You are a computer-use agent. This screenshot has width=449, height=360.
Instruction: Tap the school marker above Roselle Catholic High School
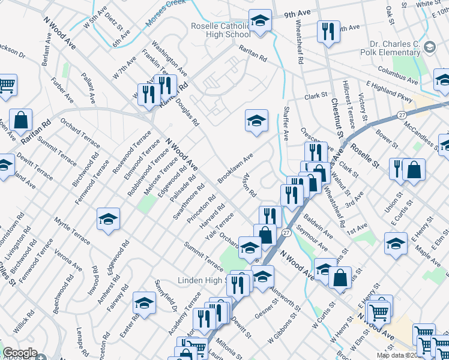[261, 22]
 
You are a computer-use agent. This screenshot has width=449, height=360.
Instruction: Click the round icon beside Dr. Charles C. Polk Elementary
[429, 46]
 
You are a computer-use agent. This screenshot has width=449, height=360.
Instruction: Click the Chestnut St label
[335, 126]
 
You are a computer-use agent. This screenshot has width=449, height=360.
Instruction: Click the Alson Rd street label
[249, 187]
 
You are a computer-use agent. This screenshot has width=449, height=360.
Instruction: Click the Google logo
[20, 353]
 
